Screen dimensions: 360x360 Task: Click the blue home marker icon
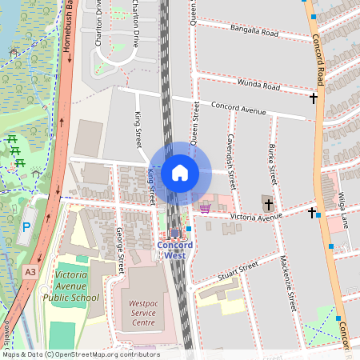tap(180, 172)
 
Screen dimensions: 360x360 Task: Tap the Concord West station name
tap(174, 250)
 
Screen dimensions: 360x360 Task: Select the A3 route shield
tap(30, 272)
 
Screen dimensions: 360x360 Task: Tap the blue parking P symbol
tap(26, 228)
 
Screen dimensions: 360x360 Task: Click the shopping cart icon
tap(205, 208)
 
